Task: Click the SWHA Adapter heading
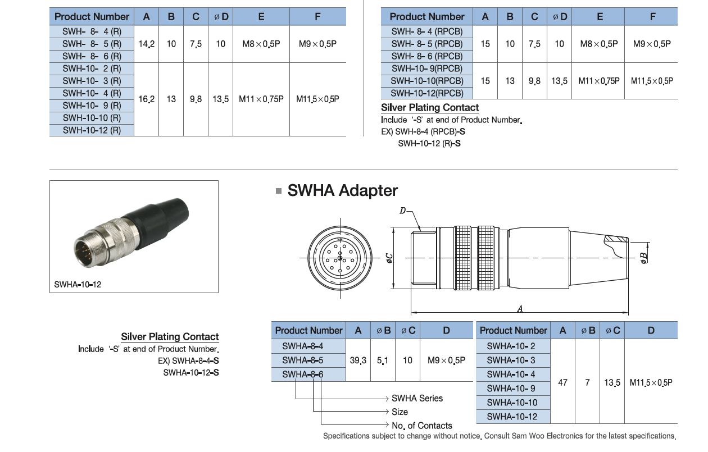click(342, 191)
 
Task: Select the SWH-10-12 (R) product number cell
click(92, 130)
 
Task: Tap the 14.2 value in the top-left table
click(147, 44)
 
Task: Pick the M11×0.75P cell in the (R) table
click(261, 99)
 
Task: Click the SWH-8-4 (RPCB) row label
click(427, 31)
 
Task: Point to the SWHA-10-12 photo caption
click(78, 285)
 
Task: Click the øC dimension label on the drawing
click(389, 258)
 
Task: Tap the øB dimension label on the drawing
click(644, 257)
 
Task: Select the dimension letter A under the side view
click(520, 308)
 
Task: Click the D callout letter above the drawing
click(403, 211)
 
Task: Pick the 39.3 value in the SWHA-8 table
click(358, 360)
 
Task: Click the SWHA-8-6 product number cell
click(302, 375)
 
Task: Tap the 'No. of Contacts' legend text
click(421, 426)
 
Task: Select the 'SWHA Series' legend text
click(417, 398)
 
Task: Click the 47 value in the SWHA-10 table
click(562, 382)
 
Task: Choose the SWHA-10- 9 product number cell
click(511, 389)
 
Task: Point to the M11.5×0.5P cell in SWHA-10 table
click(651, 382)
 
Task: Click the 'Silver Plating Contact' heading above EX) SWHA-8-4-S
click(170, 337)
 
